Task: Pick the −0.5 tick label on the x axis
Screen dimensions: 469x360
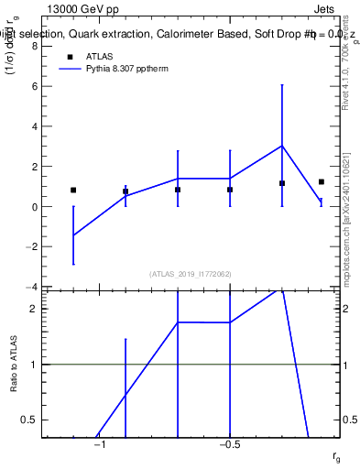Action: pos(229,445)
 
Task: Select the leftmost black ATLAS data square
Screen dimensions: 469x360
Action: pos(73,191)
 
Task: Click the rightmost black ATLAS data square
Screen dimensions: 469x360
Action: pos(322,182)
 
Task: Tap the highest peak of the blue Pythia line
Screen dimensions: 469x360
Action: pos(282,146)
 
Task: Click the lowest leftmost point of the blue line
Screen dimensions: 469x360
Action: pos(73,235)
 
